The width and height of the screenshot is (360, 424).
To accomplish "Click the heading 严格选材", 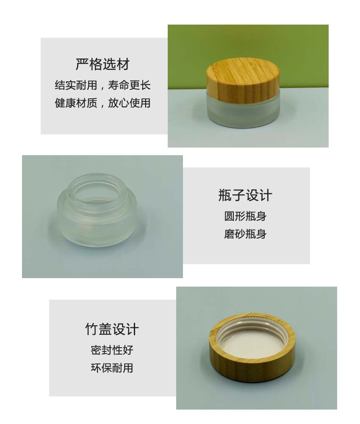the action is (102, 64).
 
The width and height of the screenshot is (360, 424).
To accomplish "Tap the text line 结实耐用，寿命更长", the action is (102, 85).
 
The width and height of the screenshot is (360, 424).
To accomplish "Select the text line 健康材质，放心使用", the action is (102, 103).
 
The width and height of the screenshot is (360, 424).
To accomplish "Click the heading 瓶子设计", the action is (245, 195).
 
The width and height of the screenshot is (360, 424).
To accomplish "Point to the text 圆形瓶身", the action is (245, 216).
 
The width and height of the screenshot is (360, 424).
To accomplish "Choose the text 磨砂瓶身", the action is (245, 234).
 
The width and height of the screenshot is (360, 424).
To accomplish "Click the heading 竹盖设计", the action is (112, 329).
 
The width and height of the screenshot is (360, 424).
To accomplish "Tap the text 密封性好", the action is (112, 350).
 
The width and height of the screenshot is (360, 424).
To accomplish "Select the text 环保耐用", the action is (112, 368).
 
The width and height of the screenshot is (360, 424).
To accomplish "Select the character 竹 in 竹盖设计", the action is (92, 329).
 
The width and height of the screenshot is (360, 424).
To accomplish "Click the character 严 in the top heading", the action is (82, 64).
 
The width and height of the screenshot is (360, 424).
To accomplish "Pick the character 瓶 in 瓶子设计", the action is (225, 195).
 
